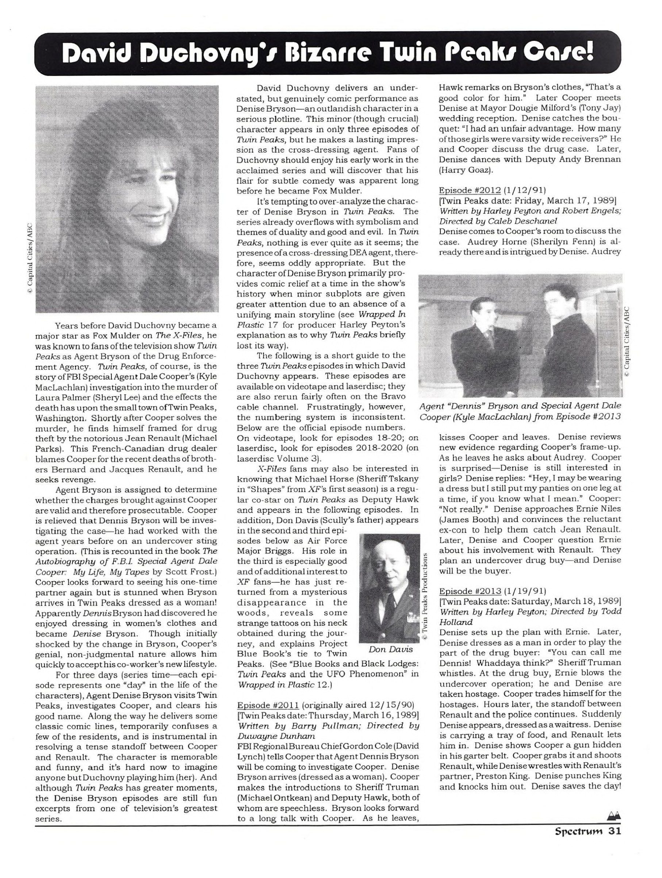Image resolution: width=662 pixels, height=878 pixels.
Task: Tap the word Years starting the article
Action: (x=66, y=326)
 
